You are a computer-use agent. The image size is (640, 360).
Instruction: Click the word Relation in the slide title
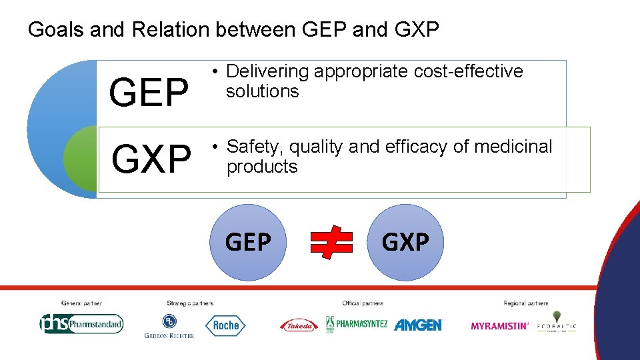coord(170,30)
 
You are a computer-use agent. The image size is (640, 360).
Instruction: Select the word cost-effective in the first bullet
coord(468,71)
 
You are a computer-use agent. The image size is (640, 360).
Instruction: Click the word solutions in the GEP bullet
coord(263,91)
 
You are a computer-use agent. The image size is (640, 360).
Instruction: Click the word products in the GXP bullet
coord(262,167)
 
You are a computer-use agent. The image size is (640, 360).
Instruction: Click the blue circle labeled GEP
coord(249,242)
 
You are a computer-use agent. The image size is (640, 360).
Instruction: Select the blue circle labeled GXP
coord(405,242)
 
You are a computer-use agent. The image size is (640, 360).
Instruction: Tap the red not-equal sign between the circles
coord(331,242)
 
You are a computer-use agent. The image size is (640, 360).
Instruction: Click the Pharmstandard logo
coord(81,324)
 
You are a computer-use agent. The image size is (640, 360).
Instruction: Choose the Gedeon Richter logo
coord(169,325)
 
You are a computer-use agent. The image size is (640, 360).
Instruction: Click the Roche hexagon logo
coord(225,325)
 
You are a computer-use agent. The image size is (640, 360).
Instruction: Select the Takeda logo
coord(299,325)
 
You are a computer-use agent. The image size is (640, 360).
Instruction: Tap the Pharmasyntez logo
coord(356,324)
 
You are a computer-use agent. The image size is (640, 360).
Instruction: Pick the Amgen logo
coord(418,325)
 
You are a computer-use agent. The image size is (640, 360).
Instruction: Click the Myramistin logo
coord(500,326)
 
